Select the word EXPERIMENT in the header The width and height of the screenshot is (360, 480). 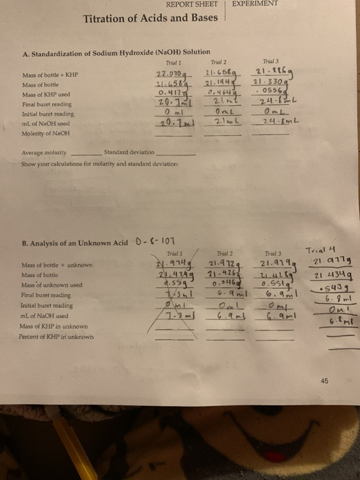[x=254, y=4]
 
